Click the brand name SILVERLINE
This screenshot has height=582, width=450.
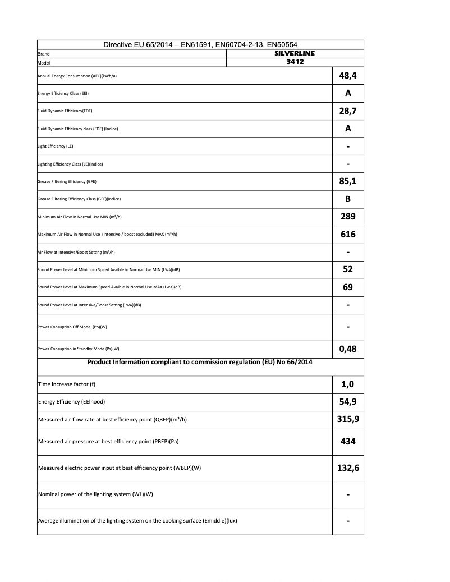[x=295, y=53]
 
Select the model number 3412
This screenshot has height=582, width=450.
[x=295, y=62]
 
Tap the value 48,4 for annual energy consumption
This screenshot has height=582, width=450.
[x=348, y=75]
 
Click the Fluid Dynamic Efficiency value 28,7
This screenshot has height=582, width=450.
[x=348, y=111]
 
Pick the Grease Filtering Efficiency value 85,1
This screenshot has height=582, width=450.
[x=348, y=181]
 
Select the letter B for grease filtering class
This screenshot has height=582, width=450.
[x=348, y=199]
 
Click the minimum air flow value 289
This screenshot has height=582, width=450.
[x=348, y=216]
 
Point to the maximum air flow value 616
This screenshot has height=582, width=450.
[x=348, y=234]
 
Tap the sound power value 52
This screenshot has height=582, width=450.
[x=348, y=269]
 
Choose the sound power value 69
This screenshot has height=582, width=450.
[x=348, y=287]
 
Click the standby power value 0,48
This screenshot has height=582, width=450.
[x=348, y=349]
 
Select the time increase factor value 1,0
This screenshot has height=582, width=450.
[x=348, y=385]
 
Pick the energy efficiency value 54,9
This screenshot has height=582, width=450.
[x=348, y=402]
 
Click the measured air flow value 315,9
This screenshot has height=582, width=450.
[x=348, y=419]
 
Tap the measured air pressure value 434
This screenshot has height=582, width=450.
[x=348, y=442]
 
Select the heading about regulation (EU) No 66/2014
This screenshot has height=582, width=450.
[x=200, y=362]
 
